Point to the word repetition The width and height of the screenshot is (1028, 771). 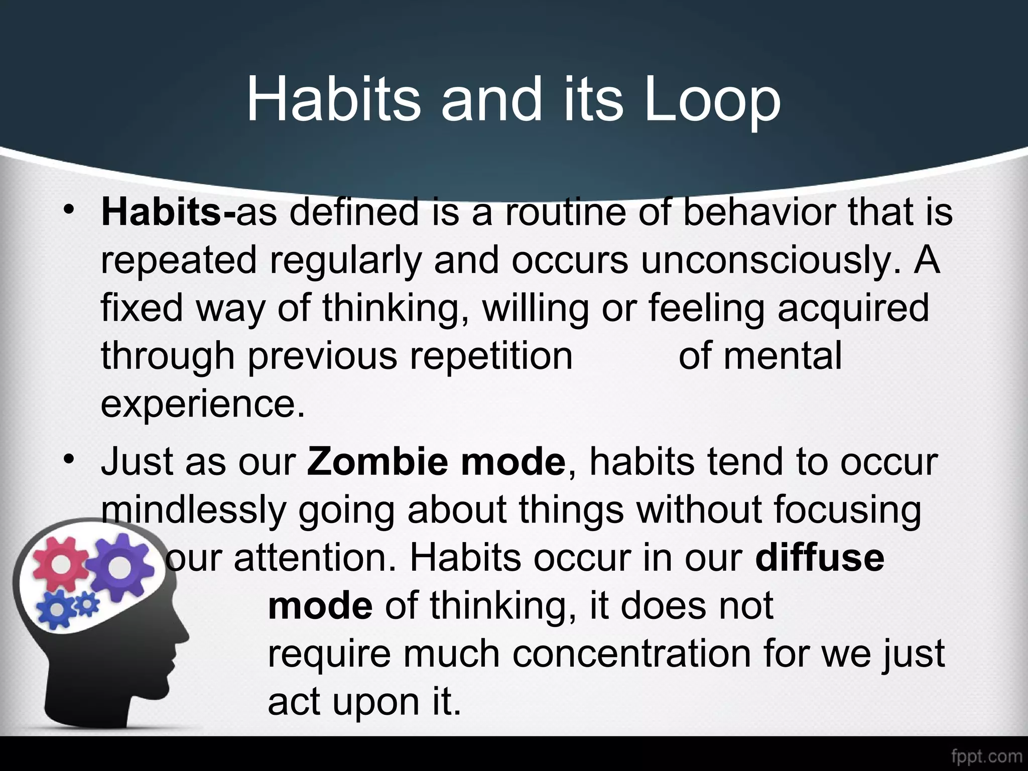pos(491,356)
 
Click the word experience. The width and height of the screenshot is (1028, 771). pos(202,404)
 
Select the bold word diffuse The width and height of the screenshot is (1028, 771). pos(819,558)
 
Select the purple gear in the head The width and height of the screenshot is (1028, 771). pos(119,566)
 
